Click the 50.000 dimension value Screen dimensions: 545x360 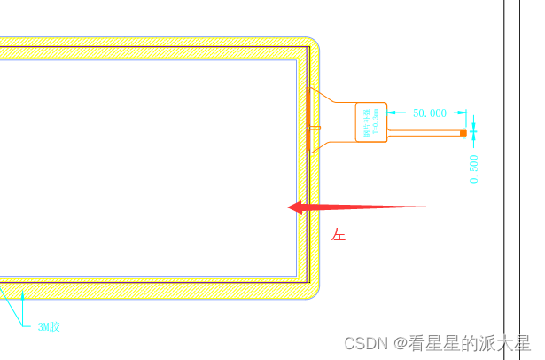click(x=430, y=113)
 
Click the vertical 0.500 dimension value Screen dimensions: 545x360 click(x=474, y=168)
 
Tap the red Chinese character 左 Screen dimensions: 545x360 click(x=338, y=235)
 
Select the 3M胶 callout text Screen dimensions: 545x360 click(x=48, y=327)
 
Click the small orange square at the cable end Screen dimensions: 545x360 click(x=463, y=133)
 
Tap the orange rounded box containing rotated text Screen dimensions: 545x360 click(x=371, y=121)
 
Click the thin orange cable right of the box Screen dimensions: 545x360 click(x=424, y=133)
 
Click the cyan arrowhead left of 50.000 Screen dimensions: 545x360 click(x=393, y=113)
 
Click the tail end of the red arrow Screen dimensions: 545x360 click(x=426, y=207)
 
